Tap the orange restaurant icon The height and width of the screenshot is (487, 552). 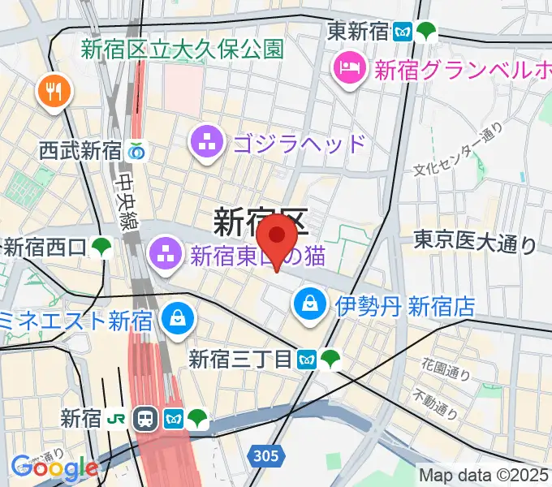pos(54,92)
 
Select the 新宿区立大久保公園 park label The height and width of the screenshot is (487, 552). pos(182,49)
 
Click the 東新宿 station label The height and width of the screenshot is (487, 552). pos(357,32)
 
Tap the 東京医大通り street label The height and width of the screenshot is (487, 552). pos(474,241)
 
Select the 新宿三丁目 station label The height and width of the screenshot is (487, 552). pos(239,358)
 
